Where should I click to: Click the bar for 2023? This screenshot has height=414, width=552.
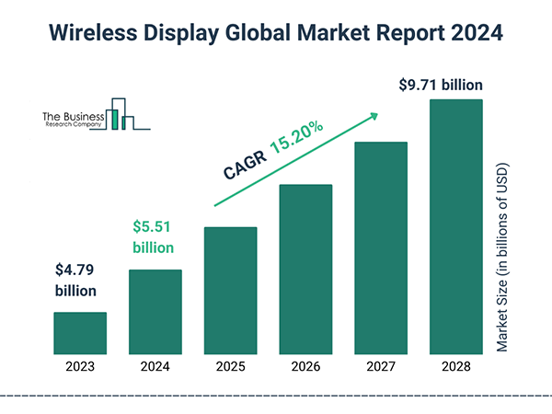(80, 332)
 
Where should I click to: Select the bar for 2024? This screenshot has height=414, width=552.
(155, 311)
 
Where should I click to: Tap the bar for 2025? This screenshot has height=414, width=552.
(231, 290)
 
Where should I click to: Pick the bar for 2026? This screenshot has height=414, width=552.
(306, 269)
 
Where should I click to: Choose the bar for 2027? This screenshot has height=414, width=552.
(381, 247)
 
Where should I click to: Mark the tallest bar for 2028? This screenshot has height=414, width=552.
(456, 225)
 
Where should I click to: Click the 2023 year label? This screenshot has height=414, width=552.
(80, 367)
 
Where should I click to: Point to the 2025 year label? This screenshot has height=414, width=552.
(231, 367)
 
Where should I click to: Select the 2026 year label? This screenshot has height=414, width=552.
(306, 367)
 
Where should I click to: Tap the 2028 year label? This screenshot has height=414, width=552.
(456, 367)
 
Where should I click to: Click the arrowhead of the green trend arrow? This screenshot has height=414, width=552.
(374, 117)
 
